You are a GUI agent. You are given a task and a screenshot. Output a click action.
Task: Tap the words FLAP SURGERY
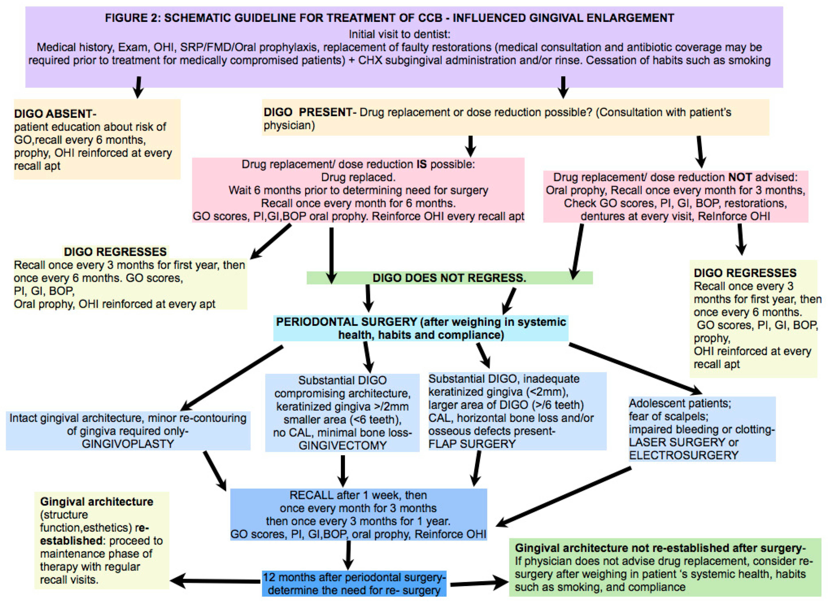coord(472,444)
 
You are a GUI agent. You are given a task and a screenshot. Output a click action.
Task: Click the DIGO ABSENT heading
coord(55,114)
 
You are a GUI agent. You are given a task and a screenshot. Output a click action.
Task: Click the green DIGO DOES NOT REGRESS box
coord(449,278)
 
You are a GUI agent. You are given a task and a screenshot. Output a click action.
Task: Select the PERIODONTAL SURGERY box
coord(421,328)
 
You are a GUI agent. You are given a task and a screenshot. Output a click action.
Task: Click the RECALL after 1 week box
coord(358,515)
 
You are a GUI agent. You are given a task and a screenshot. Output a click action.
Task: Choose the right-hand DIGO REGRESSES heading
coord(745,273)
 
